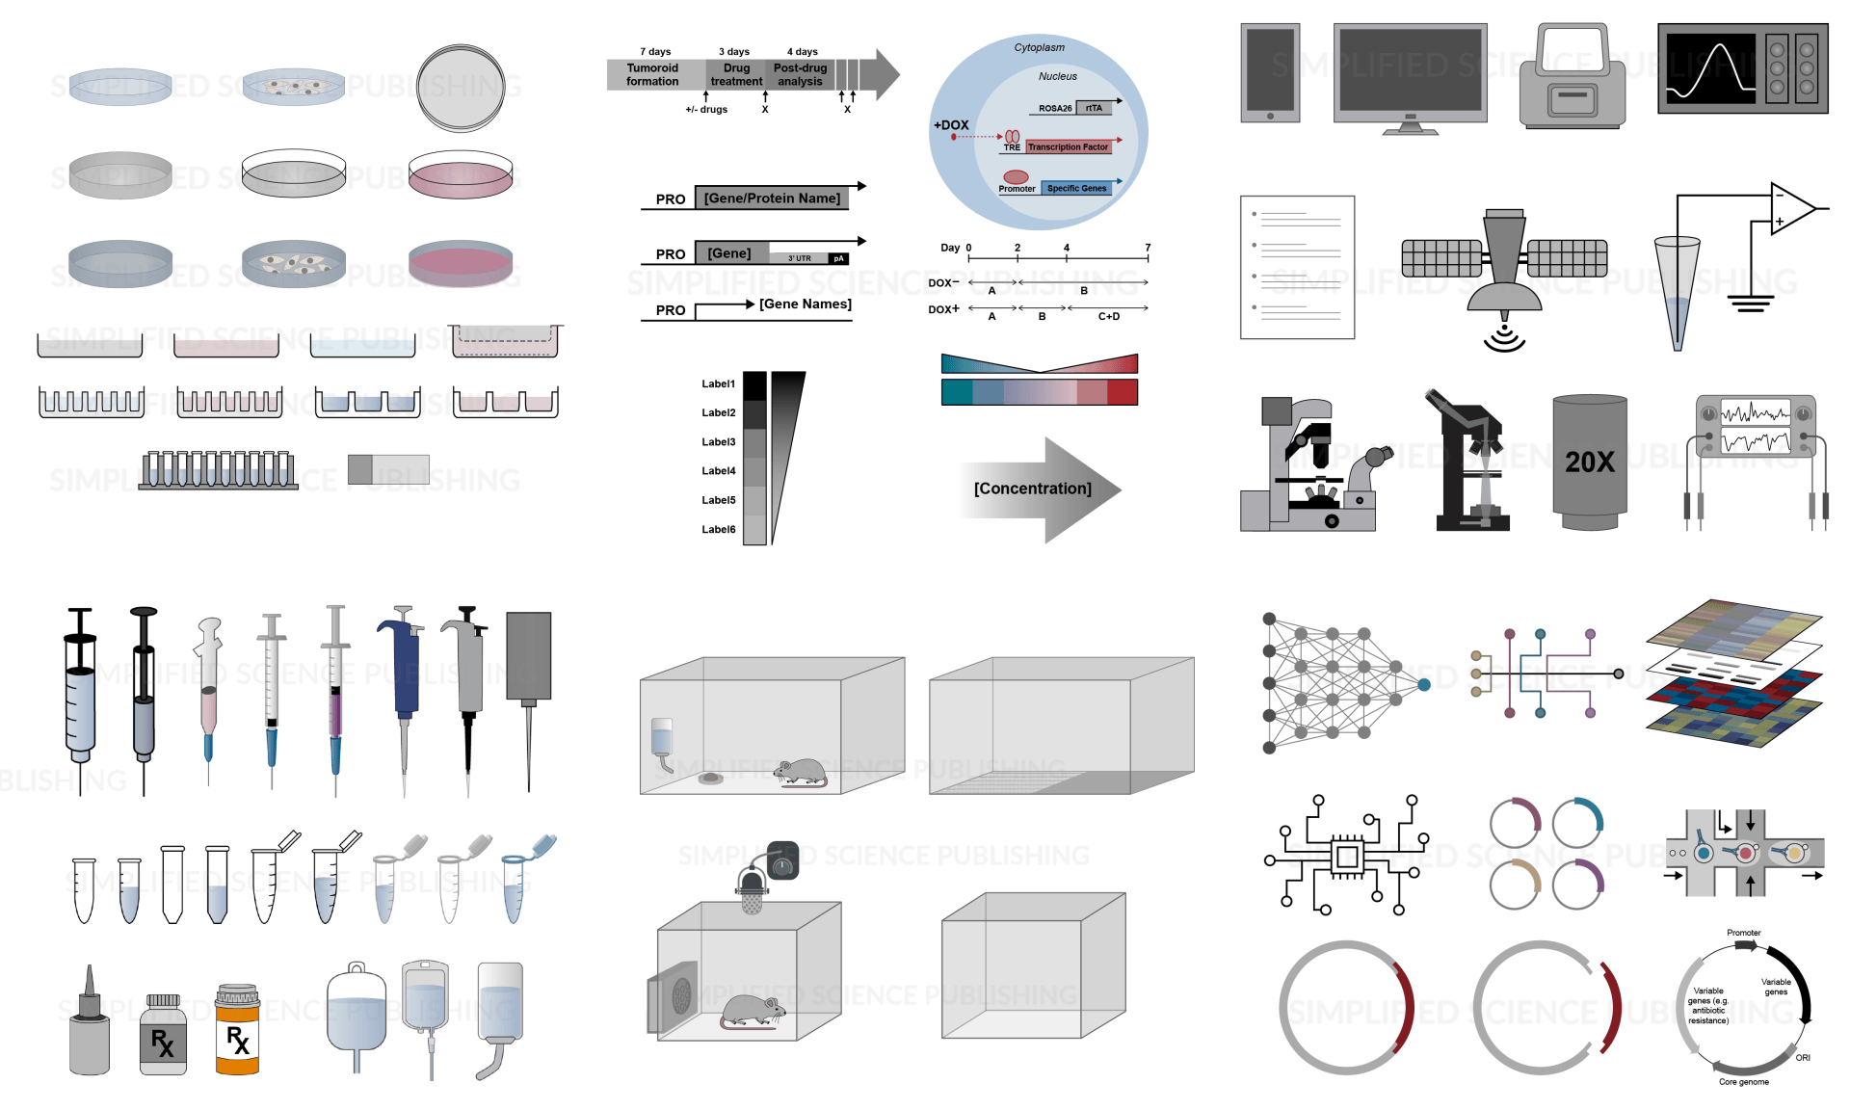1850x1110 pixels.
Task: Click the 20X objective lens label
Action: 1589,462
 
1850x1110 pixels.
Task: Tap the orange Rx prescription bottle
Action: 237,1030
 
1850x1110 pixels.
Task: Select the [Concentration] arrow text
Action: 1032,489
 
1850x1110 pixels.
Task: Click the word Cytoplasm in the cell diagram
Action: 1039,47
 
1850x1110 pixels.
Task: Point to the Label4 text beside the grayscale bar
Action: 718,471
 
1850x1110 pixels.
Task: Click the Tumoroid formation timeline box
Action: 652,75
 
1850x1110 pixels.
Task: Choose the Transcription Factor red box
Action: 1068,147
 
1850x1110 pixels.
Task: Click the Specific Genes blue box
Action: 1076,189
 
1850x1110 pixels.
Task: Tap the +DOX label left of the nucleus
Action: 950,125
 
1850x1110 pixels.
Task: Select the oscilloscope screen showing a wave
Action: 1710,69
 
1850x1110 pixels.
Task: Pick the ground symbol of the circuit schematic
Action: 1750,304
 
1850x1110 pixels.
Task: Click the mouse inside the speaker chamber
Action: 753,1011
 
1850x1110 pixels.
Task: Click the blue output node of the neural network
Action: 1424,685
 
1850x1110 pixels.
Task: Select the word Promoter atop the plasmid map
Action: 1743,933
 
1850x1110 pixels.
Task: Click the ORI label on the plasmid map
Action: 1802,1058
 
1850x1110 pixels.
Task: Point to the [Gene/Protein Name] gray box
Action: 771,198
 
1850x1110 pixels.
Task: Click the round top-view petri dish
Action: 461,88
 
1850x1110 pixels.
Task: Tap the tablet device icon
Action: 1270,73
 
